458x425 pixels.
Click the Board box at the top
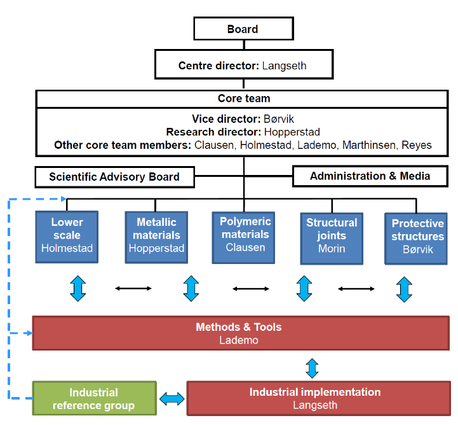click(x=243, y=29)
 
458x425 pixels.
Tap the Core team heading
click(x=244, y=99)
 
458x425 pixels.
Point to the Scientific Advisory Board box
click(x=114, y=177)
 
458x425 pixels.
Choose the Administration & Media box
click(x=370, y=176)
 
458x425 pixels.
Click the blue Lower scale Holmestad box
click(x=67, y=235)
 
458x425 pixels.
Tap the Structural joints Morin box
click(x=332, y=235)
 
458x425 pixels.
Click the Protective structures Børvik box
click(x=417, y=236)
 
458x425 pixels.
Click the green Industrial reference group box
click(x=94, y=399)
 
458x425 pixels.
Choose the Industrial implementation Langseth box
click(x=315, y=399)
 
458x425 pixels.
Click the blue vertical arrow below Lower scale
click(x=78, y=289)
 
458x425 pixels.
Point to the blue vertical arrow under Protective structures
click(x=404, y=289)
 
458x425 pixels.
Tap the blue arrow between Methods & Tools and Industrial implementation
click(x=312, y=367)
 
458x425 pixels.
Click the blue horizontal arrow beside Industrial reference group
click(x=172, y=399)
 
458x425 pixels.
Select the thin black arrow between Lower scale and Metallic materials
click(x=133, y=289)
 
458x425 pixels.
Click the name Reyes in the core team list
click(x=417, y=145)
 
